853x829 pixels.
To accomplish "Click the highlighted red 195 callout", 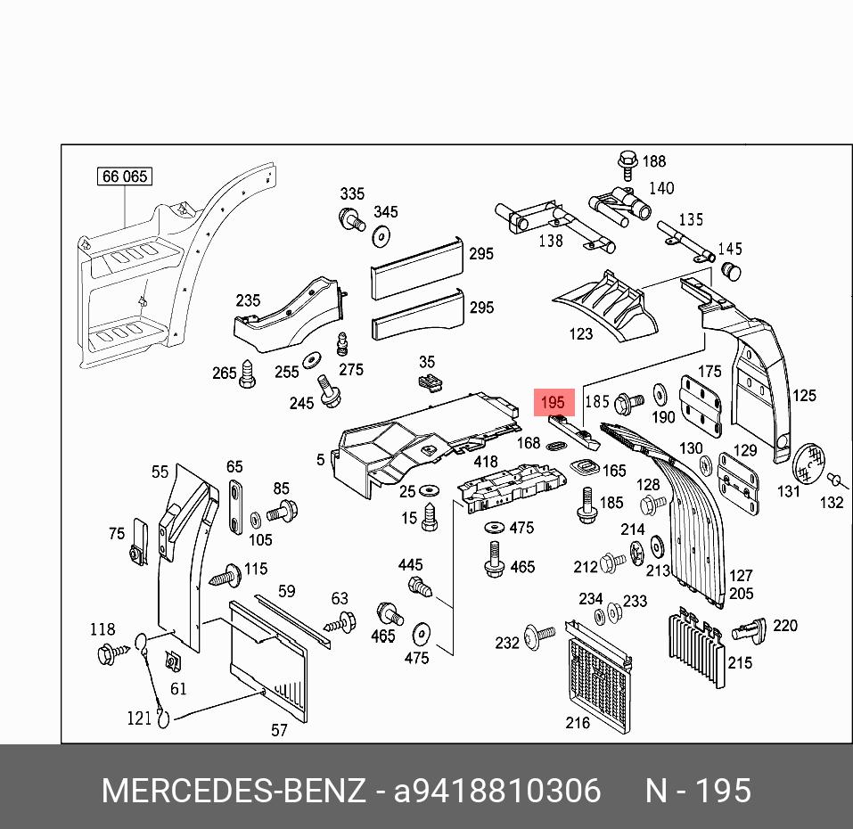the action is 553,403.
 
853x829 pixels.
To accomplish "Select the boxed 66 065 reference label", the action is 124,176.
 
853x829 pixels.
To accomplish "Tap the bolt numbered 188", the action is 627,164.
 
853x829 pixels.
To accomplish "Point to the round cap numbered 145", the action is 730,269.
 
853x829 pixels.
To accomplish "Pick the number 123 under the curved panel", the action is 580,334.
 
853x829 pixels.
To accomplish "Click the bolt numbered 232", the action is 537,635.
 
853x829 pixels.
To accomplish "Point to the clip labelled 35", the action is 430,383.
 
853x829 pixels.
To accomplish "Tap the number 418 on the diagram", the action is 485,462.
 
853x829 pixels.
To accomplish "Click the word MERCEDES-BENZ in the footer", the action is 234,791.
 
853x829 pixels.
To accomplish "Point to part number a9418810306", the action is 497,791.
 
